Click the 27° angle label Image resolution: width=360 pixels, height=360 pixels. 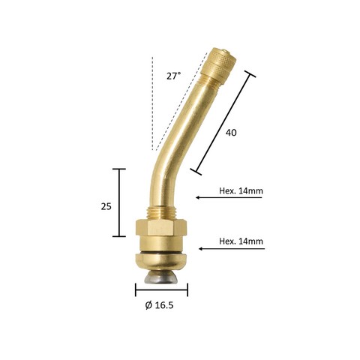coord(173,76)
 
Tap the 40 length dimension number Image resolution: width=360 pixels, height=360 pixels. coord(231,133)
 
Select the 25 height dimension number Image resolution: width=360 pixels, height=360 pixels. coord(106,206)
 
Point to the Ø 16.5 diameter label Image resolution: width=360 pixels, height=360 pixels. coord(159,305)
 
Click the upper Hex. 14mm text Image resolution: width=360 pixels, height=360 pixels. coord(241,191)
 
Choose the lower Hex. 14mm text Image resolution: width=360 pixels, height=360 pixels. coord(241,241)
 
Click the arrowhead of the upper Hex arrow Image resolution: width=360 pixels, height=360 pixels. coord(197,197)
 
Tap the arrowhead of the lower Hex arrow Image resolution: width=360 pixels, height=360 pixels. coord(200,249)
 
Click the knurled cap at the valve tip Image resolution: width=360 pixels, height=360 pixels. coord(218,64)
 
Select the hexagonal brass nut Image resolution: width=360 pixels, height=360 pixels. coord(161,227)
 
